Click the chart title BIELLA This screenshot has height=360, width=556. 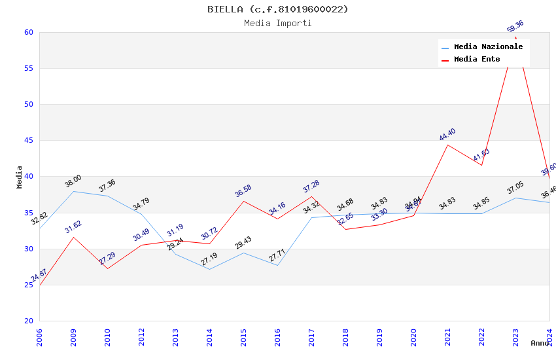(x=278, y=9)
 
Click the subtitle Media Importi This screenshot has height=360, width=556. (x=278, y=23)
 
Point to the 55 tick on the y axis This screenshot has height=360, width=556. (x=28, y=68)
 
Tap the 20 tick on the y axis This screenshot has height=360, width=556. (x=28, y=321)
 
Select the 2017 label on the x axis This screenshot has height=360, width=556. (x=312, y=337)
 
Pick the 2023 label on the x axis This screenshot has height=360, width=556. (x=516, y=337)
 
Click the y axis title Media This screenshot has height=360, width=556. (x=20, y=177)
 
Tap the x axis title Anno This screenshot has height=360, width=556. (x=540, y=343)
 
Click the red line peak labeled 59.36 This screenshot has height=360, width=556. (x=515, y=37)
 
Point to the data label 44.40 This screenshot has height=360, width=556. (x=447, y=135)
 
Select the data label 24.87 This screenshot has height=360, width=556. (x=39, y=275)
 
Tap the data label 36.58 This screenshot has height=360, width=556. (x=243, y=191)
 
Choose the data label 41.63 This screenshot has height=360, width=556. (x=481, y=155)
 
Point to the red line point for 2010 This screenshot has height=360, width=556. (x=107, y=268)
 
